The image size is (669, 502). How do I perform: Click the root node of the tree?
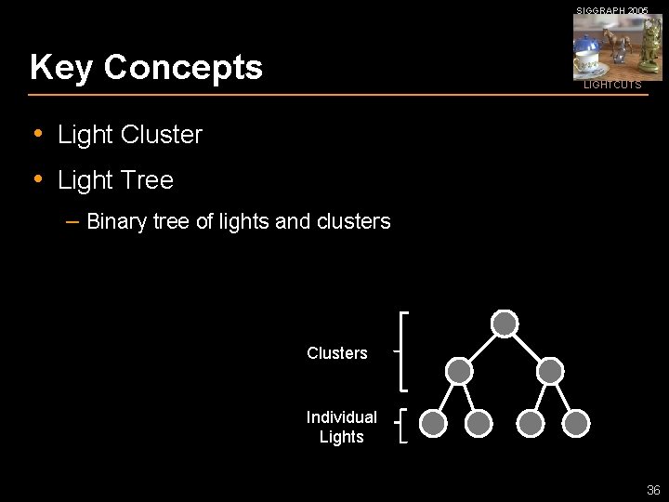505,324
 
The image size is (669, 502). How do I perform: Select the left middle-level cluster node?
459,371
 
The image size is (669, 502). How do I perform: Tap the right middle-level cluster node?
550,371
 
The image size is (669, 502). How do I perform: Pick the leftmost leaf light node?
433,424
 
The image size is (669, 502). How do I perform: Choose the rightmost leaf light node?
577,424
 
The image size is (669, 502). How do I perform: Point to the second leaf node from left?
479,424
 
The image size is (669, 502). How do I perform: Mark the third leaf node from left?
531,424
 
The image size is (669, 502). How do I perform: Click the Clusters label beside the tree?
337,353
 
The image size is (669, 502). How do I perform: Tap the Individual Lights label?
341,427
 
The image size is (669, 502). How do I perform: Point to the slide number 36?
653,490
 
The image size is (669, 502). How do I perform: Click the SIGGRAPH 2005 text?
612,10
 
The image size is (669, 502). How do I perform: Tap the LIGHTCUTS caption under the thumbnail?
612,85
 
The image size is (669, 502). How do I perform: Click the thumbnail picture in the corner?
617,47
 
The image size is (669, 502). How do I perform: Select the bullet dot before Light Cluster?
38,134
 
